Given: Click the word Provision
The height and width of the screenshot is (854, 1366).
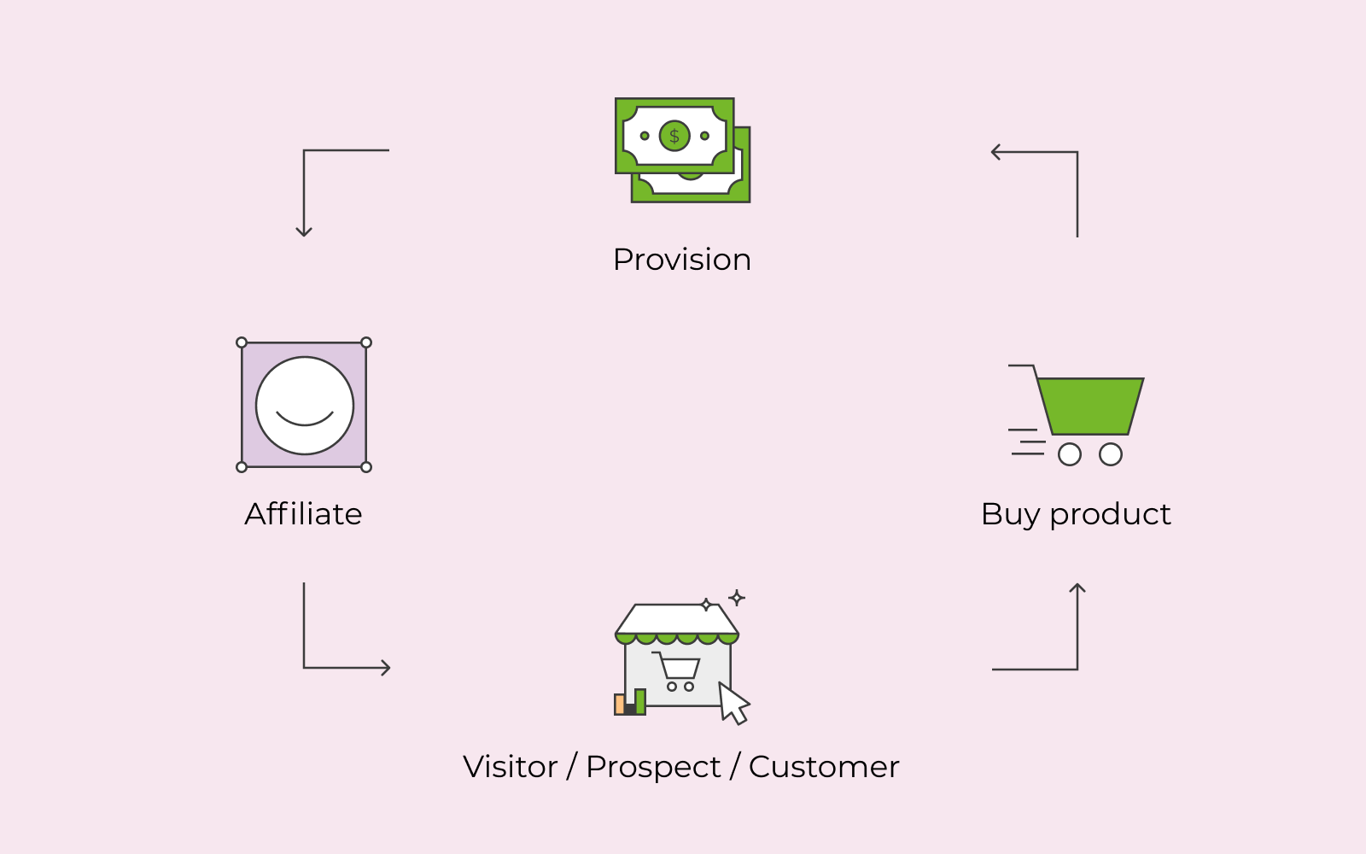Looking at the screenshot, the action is click(x=682, y=260).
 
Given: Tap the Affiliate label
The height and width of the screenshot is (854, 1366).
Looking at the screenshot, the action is click(x=304, y=513).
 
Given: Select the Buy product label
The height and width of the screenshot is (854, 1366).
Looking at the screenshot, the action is click(x=1076, y=515).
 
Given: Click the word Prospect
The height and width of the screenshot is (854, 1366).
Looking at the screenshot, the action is click(x=653, y=768).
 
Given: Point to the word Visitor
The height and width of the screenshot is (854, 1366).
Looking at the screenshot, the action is click(x=511, y=767).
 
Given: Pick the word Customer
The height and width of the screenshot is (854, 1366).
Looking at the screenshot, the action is click(x=824, y=767).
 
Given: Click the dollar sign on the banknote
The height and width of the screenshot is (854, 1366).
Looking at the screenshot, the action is click(x=674, y=136).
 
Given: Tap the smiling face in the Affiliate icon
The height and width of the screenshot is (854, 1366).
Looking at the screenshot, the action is click(x=304, y=406).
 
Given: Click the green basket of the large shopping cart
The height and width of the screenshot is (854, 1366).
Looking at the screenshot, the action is click(x=1090, y=407).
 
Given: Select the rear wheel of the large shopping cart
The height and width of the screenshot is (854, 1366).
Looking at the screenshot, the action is click(x=1070, y=454).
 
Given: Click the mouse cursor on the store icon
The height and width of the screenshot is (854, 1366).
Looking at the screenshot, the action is click(x=733, y=704).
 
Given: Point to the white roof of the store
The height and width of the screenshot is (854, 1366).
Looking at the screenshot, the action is click(x=676, y=619).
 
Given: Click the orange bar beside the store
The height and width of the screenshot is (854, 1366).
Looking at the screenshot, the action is click(x=620, y=704).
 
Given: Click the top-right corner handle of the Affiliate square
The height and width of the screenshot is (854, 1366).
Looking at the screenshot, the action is click(x=366, y=342).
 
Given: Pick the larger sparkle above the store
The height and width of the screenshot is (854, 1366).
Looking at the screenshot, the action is click(x=737, y=598).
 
